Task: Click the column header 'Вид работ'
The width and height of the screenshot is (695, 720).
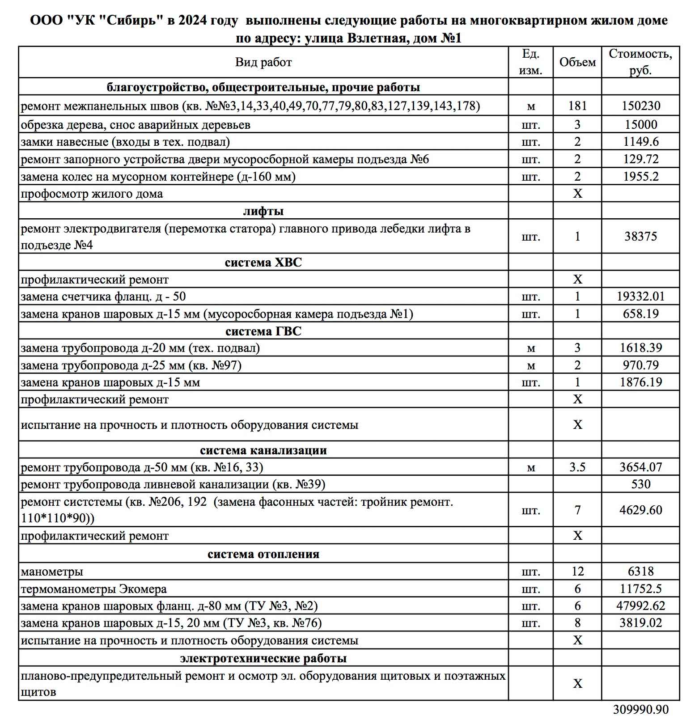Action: click(263, 62)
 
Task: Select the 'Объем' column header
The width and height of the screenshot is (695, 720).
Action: click(577, 62)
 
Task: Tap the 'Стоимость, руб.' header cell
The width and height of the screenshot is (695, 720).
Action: click(640, 62)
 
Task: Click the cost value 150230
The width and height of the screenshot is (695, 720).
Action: click(640, 106)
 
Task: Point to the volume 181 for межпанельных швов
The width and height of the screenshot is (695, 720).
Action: click(577, 106)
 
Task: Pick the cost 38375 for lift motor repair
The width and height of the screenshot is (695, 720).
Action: click(640, 236)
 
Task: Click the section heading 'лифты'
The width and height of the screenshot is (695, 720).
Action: click(263, 211)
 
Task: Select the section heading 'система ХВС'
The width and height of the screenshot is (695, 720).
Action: click(263, 262)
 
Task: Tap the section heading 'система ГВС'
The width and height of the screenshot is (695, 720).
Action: click(263, 331)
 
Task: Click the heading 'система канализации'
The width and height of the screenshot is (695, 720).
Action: click(263, 450)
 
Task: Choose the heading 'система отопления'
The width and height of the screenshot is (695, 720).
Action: click(263, 554)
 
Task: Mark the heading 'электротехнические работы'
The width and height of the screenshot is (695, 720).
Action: click(263, 658)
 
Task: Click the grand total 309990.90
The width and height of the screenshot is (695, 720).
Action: click(640, 710)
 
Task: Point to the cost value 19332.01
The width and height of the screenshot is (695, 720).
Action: click(640, 296)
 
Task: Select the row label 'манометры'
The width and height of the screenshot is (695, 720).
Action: click(52, 572)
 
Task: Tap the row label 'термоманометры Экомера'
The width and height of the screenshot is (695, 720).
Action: click(94, 589)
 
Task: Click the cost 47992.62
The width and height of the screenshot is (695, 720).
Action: click(640, 606)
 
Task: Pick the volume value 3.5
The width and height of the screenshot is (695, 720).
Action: click(577, 467)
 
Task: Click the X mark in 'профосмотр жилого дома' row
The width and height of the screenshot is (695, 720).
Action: click(577, 194)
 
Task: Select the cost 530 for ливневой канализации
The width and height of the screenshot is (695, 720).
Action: click(640, 484)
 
